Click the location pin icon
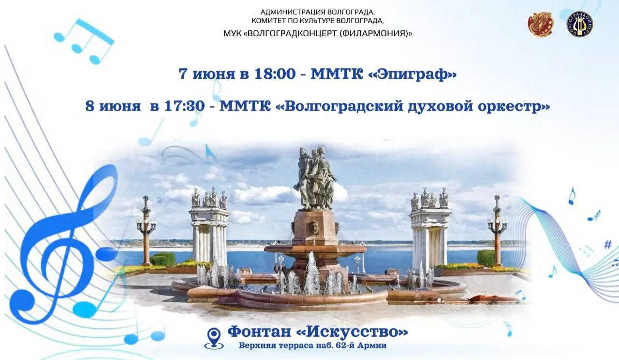[213, 337]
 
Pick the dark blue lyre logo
[580, 24]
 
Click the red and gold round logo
[541, 24]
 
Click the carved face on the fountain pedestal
[315, 227]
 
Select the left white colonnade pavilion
[209, 227]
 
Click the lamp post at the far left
[146, 230]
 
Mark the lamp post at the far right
[497, 230]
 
